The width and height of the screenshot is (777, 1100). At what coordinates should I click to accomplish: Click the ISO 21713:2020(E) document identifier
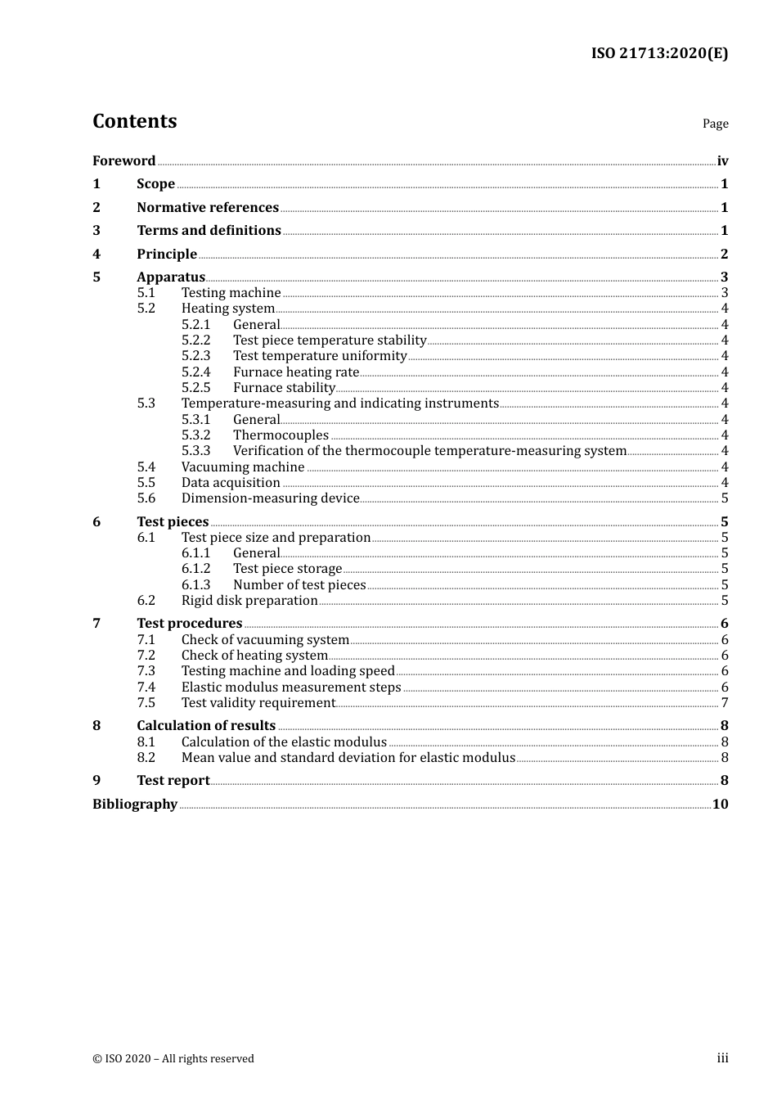point(659,54)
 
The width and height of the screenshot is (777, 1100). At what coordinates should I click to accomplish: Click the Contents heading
point(135,121)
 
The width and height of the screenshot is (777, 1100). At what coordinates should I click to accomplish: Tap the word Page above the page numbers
point(715,124)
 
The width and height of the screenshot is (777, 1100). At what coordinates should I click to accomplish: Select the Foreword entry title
point(124,161)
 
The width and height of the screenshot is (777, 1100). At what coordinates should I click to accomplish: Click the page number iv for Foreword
point(722,161)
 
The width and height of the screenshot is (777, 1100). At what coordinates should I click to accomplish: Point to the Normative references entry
point(208,208)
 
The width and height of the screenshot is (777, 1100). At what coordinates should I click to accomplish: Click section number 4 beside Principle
point(97,255)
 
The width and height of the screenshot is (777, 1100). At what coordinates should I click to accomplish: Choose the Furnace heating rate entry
point(296,372)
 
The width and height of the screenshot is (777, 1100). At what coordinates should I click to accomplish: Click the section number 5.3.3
point(195,451)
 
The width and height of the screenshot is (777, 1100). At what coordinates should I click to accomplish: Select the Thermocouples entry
point(281,435)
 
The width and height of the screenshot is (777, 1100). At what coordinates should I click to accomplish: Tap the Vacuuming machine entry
point(243,467)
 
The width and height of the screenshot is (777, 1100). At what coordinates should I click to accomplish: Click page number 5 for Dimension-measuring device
point(725,498)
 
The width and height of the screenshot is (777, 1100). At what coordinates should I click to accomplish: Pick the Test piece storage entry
point(287,569)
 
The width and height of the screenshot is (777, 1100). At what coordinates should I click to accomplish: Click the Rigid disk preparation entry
point(249,601)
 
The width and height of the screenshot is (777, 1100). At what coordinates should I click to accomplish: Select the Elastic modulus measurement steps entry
point(291,687)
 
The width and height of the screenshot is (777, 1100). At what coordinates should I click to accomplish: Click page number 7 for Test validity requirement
point(725,703)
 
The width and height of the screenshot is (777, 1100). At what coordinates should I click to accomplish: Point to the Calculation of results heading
point(206,726)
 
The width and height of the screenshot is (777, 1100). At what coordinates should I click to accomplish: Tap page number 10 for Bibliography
point(720,805)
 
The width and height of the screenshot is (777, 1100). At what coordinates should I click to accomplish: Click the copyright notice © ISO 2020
point(173,1059)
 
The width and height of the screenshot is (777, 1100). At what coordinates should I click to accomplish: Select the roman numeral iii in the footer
point(722,1058)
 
